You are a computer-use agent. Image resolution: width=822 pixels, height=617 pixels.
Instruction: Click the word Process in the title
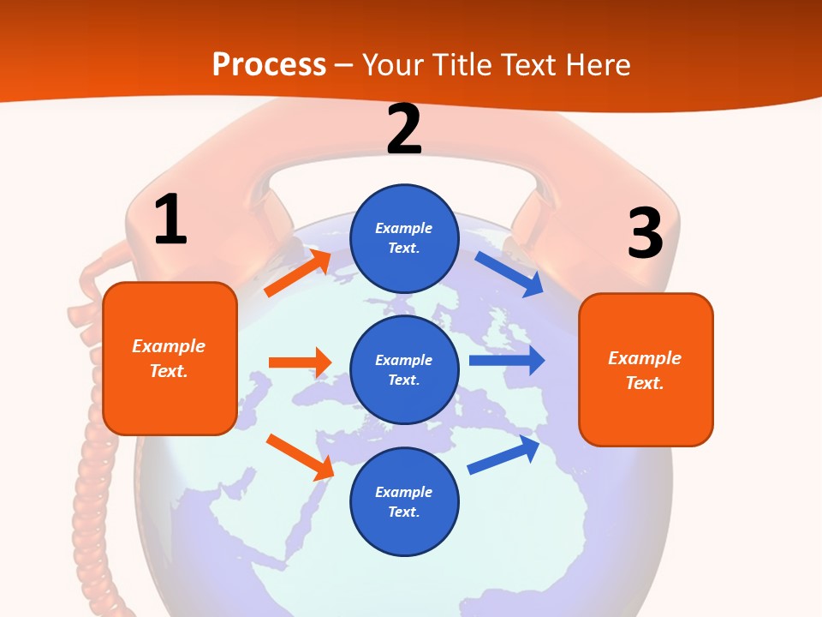pos(269,64)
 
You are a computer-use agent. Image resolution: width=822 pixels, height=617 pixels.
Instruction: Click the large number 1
pos(170,219)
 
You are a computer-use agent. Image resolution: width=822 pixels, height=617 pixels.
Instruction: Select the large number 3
pos(645,233)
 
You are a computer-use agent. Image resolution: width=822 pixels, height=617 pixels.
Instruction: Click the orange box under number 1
pos(170,358)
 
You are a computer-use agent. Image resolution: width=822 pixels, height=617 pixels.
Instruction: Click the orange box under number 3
pos(646,369)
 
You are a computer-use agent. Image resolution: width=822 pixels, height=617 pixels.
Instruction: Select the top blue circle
pos(404,237)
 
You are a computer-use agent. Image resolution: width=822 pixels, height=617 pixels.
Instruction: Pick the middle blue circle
pos(404,369)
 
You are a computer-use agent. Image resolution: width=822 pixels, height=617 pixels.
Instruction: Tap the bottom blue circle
pos(404,501)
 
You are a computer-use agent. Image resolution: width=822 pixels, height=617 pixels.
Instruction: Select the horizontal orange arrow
pos(300,362)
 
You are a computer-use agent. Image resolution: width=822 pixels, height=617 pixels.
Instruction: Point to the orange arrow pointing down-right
pos(300,457)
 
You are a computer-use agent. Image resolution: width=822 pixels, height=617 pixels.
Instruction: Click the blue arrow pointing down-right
pos(509,274)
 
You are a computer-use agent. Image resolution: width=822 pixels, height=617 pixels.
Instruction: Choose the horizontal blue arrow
pos(506,360)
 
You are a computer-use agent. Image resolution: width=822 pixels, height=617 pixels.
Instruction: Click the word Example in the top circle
pos(404,228)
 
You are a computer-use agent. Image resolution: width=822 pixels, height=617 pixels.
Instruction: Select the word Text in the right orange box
pos(644,383)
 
